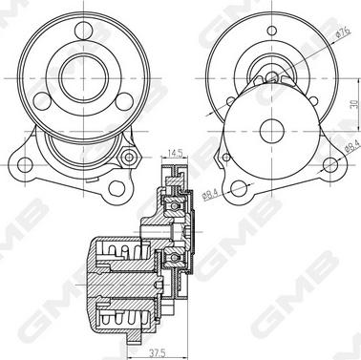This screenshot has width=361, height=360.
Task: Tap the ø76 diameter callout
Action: coord(343,32)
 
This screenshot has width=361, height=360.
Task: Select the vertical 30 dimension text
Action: coord(354,104)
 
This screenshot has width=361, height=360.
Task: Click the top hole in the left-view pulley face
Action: coord(84,31)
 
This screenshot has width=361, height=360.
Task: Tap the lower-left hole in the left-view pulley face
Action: coord(42,101)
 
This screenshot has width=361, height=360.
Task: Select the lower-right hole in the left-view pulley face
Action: coord(124,101)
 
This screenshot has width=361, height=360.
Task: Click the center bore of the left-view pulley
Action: coord(84,78)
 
